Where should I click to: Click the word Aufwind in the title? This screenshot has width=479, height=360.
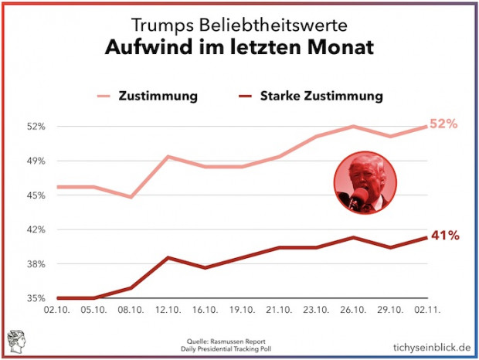[144, 48]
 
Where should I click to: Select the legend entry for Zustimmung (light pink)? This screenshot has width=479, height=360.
[158, 97]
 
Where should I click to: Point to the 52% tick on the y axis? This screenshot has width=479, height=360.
[37, 126]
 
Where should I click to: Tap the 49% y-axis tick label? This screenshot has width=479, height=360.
[37, 161]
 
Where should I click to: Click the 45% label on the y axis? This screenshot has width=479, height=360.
[37, 195]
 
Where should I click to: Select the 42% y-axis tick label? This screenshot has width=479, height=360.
[37, 229]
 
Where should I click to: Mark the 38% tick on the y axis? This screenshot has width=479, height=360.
[37, 264]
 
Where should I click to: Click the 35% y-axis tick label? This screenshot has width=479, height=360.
[37, 298]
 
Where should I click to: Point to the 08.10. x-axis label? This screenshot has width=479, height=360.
[131, 311]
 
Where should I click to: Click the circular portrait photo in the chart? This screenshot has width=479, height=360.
[365, 182]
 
